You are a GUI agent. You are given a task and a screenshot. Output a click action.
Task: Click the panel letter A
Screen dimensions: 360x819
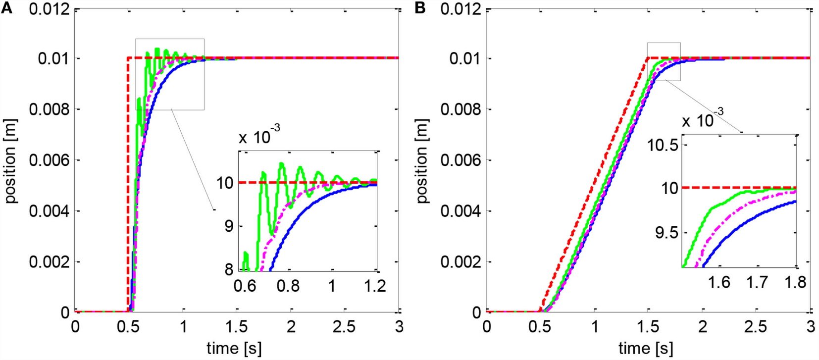click(6, 8)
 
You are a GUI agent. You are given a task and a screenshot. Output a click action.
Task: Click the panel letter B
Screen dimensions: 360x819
click(420, 8)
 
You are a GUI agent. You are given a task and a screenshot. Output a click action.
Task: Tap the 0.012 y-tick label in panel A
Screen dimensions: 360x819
click(49, 9)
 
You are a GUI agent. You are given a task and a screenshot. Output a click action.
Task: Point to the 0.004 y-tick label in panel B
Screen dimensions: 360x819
click(461, 211)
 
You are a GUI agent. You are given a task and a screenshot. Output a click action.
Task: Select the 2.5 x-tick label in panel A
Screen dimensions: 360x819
click(345, 327)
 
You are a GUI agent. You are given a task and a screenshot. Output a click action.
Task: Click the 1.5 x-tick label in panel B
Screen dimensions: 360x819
click(648, 327)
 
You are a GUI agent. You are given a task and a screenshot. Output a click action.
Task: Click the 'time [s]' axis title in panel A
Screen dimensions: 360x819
click(234, 348)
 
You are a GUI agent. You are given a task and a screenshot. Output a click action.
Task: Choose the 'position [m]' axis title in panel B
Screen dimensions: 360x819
click(421, 161)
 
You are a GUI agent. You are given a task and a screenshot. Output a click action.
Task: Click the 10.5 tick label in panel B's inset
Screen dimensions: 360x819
click(663, 145)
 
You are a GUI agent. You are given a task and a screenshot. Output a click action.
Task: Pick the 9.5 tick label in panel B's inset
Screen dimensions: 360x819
click(666, 232)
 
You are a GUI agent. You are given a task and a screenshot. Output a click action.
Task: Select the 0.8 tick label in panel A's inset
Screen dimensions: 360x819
click(288, 286)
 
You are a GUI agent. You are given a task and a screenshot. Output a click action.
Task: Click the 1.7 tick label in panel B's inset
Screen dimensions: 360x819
click(757, 282)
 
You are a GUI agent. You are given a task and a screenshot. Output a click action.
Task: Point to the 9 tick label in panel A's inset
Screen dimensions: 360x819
click(228, 226)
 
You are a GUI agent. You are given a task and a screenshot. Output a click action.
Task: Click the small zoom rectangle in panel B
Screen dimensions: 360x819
click(664, 62)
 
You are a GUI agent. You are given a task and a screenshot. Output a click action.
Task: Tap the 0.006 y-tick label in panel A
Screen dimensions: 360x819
click(49, 160)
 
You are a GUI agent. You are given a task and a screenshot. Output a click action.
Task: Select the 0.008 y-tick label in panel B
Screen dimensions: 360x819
click(461, 109)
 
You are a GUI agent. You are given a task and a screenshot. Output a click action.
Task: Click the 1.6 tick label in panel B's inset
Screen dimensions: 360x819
click(719, 282)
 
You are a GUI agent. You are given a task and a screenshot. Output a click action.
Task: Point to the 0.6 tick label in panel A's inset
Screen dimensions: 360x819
click(245, 286)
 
